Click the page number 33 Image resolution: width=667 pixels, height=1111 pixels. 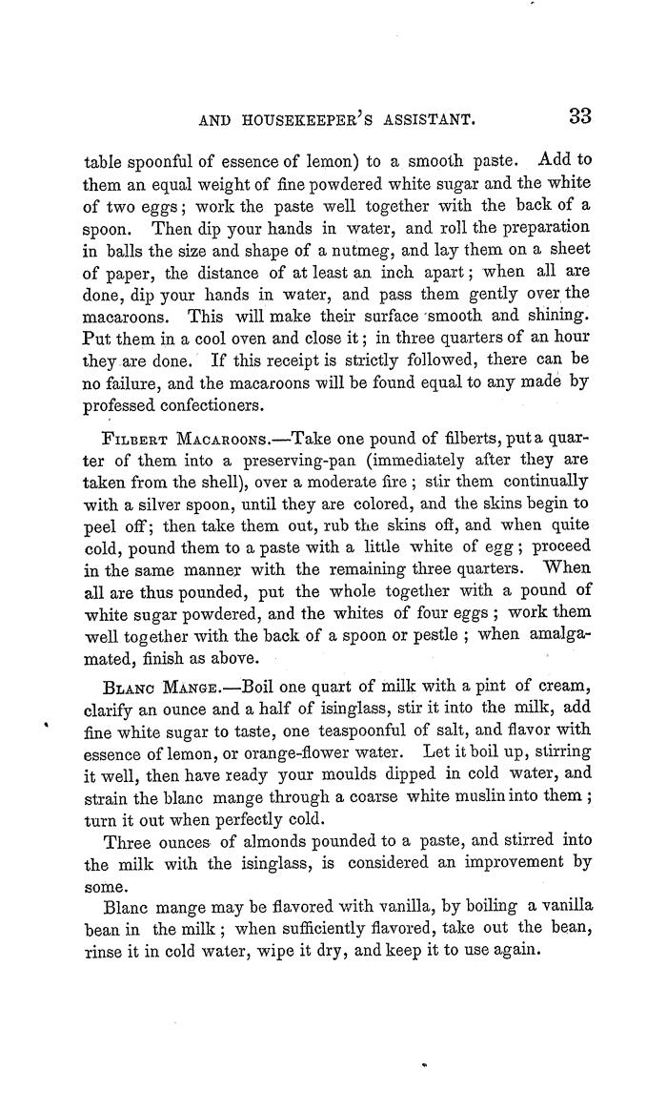point(580,117)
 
